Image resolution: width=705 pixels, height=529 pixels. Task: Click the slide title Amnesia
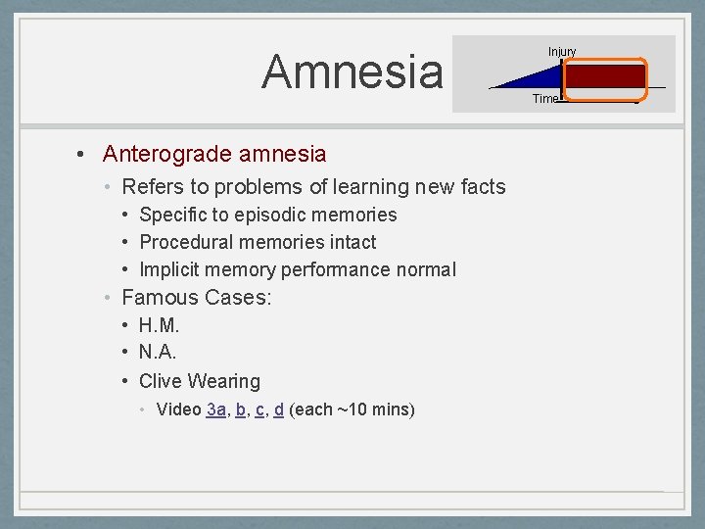352,72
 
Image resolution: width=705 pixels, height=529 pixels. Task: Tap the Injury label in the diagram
562,51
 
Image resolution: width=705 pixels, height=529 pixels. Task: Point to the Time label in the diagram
545,98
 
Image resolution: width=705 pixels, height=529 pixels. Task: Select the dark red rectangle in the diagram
605,77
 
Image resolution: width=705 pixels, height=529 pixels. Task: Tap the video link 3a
216,409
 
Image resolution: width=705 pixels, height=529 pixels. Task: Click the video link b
241,409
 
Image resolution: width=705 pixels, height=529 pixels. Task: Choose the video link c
259,409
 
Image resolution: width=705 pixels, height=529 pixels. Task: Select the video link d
279,409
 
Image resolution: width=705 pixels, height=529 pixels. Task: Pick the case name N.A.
158,353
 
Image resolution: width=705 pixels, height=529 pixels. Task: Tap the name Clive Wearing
200,381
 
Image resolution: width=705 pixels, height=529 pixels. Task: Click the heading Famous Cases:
196,297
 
